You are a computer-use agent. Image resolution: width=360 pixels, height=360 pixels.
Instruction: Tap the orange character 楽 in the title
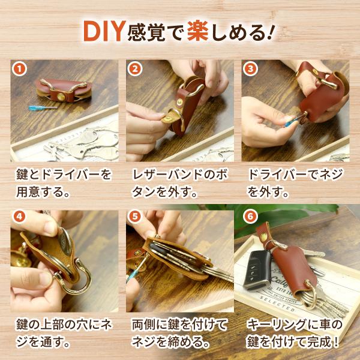(x=197, y=31)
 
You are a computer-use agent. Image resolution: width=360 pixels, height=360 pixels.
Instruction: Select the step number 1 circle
(x=19, y=69)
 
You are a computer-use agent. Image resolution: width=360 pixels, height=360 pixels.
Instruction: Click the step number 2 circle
(x=135, y=69)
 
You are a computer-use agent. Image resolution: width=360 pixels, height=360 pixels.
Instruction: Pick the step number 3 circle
(x=250, y=69)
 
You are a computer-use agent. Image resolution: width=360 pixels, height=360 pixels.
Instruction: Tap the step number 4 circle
(x=19, y=217)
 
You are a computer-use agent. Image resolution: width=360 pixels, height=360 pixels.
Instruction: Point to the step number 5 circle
(x=135, y=217)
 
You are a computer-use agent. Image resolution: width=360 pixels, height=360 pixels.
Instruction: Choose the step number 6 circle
(x=250, y=217)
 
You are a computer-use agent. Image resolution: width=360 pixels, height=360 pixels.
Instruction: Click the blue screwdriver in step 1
(x=43, y=107)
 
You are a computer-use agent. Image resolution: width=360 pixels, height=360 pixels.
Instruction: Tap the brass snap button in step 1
(x=61, y=97)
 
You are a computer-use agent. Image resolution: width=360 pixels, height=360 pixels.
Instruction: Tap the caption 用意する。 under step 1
(x=43, y=192)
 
